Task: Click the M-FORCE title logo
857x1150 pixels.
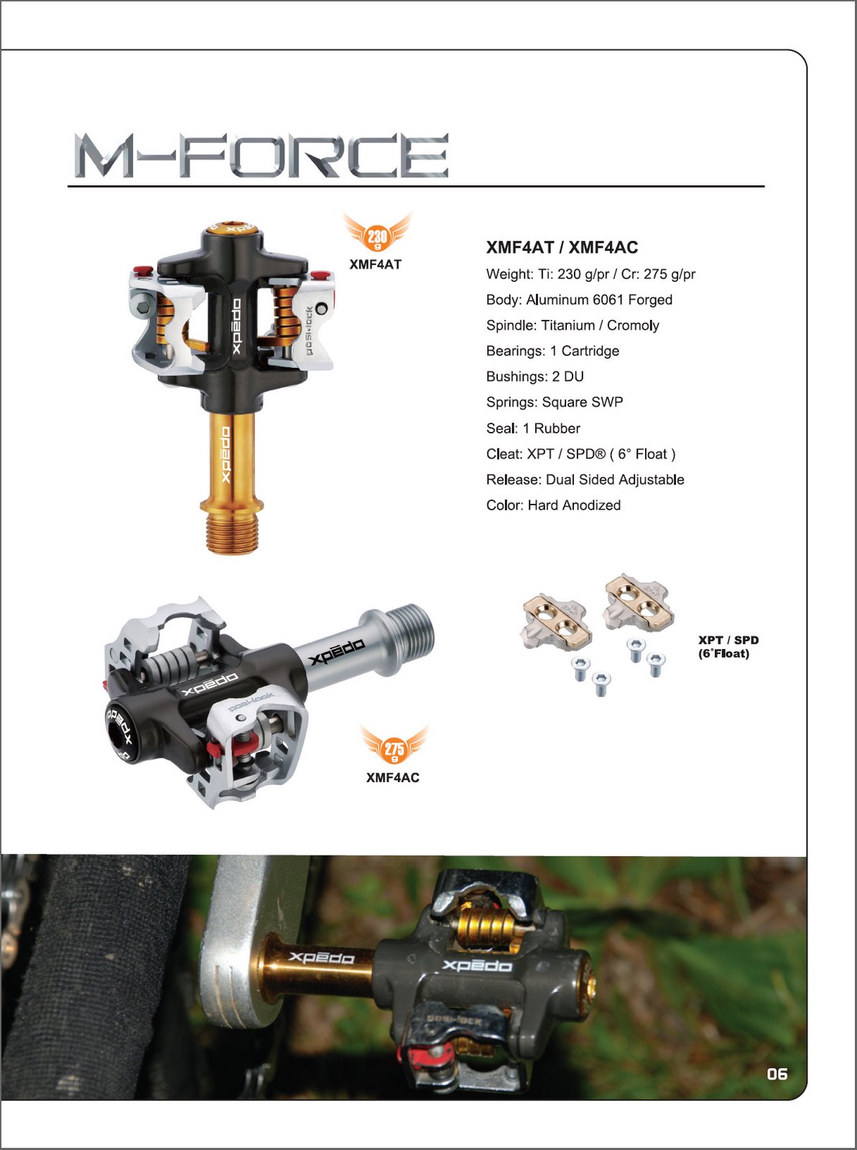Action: (261, 155)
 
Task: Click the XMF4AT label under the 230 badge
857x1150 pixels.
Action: (376, 264)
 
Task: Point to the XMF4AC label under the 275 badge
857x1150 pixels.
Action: (393, 778)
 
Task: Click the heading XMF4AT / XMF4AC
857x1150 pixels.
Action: (562, 247)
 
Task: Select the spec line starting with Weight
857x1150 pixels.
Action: (590, 274)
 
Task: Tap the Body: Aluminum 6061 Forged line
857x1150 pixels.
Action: (579, 300)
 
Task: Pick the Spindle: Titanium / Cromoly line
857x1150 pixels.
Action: (573, 326)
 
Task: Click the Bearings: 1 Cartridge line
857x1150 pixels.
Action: (552, 351)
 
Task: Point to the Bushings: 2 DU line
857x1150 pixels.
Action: (534, 377)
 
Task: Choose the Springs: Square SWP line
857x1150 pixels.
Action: (555, 402)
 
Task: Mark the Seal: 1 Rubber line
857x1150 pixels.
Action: (533, 428)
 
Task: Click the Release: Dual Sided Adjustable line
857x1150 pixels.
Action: (585, 479)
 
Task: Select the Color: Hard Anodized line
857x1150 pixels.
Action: (553, 505)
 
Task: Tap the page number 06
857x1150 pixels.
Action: (777, 1075)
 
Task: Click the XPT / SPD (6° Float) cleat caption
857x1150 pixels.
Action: (728, 647)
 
